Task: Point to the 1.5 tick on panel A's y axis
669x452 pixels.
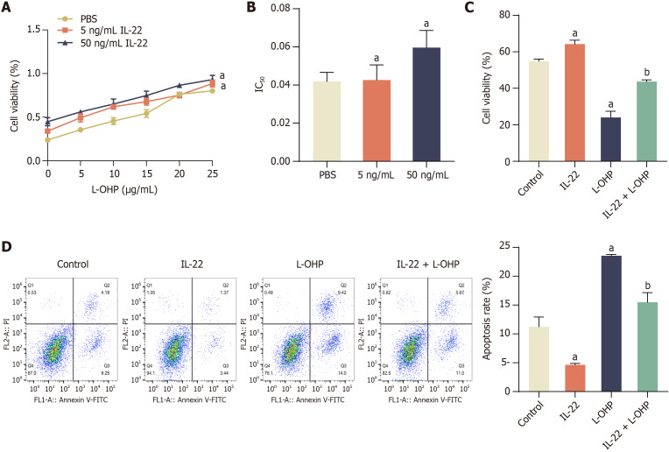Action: (33, 29)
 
